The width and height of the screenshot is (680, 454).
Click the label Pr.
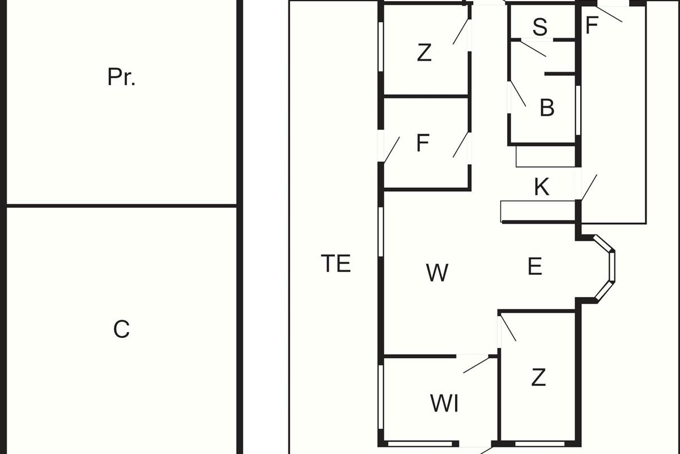pos(121,77)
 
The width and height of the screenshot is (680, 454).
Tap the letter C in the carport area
pos(121,329)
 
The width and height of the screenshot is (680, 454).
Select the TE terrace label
pos(336,264)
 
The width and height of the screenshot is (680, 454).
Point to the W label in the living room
pos(437,273)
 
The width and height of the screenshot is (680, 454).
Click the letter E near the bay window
pos(535,266)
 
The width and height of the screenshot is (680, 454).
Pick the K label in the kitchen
pos(542,187)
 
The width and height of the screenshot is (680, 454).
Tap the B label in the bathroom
pos(547,108)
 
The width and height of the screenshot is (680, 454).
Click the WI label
pos(444,404)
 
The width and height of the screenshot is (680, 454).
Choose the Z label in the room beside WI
pos(538,377)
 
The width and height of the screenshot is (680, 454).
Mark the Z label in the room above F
pos(424,53)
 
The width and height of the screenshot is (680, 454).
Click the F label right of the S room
pos(592,26)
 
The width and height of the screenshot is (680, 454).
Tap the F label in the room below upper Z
pos(422,144)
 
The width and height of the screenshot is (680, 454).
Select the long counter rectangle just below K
pos(538,211)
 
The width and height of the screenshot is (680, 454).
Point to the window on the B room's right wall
pos(578,110)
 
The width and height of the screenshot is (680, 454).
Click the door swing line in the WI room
pos(476,365)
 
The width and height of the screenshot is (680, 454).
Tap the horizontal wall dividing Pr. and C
pos(121,205)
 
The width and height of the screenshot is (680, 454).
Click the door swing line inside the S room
pos(533,49)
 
